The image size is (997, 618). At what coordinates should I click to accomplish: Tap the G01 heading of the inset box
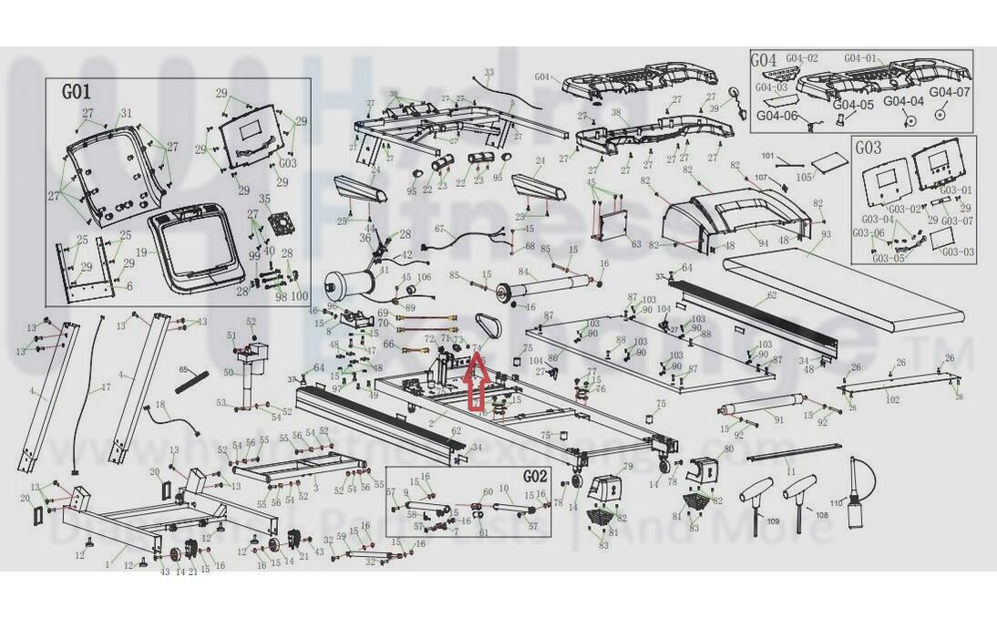click(x=76, y=92)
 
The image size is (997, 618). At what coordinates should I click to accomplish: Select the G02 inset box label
click(x=535, y=476)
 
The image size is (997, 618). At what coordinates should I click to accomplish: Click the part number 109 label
click(x=774, y=521)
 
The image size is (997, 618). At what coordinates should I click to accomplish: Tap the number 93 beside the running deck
click(x=826, y=234)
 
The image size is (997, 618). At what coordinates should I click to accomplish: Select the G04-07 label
click(x=951, y=92)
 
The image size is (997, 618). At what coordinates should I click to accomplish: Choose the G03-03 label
click(x=957, y=252)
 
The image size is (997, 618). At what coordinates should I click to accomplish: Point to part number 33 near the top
click(x=488, y=72)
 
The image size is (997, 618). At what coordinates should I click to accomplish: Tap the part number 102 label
click(x=892, y=399)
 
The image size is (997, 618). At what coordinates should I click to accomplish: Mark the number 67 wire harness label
click(x=438, y=229)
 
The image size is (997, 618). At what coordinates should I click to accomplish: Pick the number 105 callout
click(x=803, y=177)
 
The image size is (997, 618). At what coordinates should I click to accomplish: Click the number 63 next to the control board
click(x=636, y=244)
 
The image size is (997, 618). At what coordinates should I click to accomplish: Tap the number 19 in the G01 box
click(x=141, y=251)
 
